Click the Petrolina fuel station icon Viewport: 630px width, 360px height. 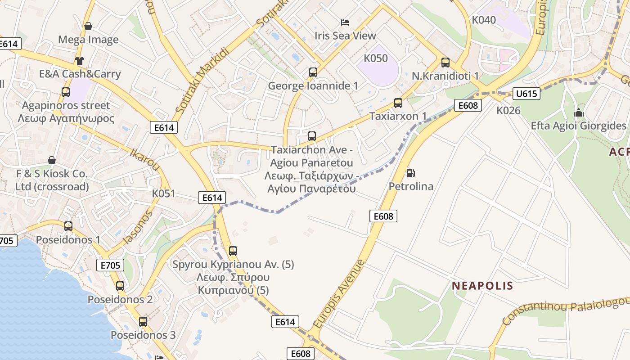410,173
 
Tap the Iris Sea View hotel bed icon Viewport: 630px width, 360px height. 345,22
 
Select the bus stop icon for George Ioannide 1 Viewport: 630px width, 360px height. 313,72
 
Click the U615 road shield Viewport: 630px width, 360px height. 526,94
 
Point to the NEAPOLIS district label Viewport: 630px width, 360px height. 482,286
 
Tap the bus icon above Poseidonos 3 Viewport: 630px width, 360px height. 143,321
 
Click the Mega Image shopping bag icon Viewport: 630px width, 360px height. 88,26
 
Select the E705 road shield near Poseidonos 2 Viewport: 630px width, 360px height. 110,265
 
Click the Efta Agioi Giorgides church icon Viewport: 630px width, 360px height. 579,112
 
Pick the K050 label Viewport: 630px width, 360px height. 375,58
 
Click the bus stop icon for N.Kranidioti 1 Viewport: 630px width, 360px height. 445,63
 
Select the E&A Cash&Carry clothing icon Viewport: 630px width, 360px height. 80,60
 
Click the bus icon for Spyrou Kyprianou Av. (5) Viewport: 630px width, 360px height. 233,251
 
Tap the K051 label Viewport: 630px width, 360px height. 163,193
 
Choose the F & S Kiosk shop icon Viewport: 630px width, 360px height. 52,160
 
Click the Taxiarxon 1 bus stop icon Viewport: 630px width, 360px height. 398,103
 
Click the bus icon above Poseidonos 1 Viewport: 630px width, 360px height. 68,226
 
